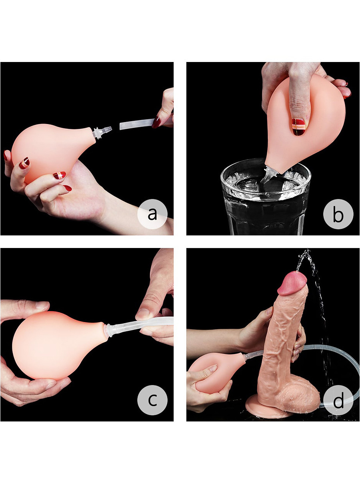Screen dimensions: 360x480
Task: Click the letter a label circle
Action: (x=152, y=214)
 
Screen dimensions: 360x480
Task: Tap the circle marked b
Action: (x=338, y=214)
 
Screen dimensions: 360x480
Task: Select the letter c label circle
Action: (x=152, y=400)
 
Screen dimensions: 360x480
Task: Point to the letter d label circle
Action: (x=338, y=400)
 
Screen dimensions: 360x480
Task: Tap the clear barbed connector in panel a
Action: (x=102, y=132)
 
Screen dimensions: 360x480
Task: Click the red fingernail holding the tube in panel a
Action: (x=156, y=123)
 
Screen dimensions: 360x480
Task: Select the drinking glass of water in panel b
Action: (x=266, y=197)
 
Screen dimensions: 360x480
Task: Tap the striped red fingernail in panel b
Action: (x=298, y=127)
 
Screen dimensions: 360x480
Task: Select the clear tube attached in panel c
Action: (x=140, y=326)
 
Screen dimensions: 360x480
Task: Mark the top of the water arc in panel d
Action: (x=307, y=250)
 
